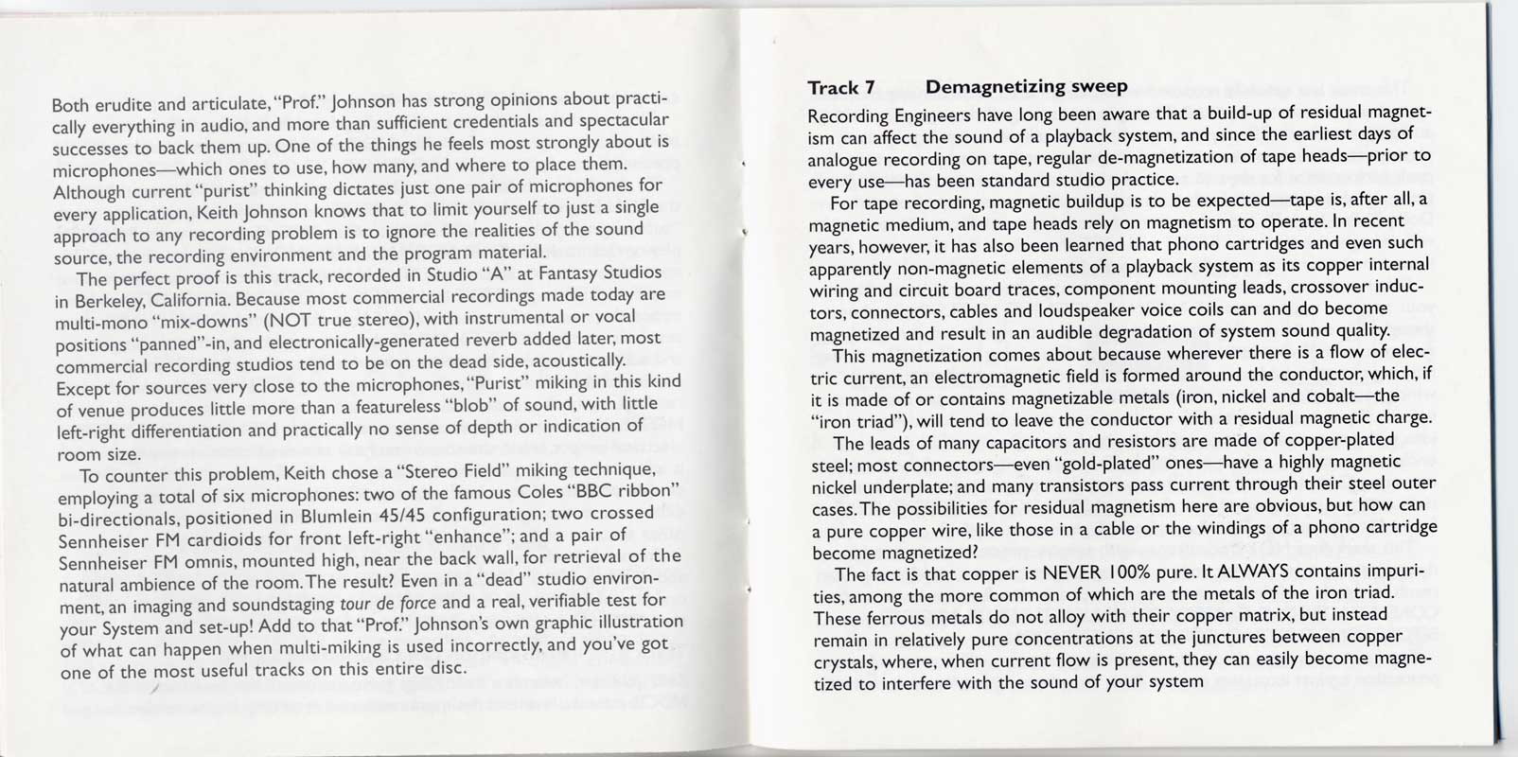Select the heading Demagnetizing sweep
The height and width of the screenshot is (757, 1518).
tap(1026, 87)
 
